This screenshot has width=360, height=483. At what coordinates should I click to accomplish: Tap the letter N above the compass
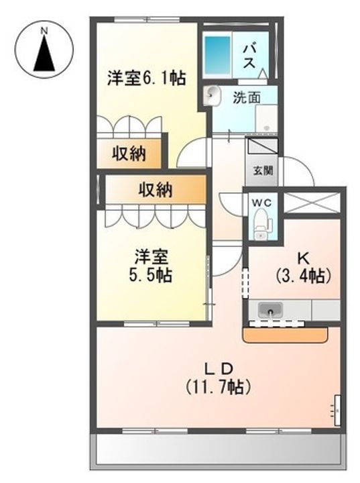[x=44, y=30]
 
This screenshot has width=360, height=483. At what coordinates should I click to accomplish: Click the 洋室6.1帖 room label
[x=146, y=78]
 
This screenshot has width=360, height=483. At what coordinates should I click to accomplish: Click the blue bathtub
[x=217, y=50]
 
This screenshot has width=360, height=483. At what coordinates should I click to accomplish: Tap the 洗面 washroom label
[x=245, y=97]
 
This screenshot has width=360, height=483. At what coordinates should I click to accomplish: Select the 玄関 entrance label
[x=263, y=170]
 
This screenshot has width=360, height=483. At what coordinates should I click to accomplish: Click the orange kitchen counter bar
[x=285, y=333]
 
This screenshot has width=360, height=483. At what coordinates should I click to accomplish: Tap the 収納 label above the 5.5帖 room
[x=155, y=190]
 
